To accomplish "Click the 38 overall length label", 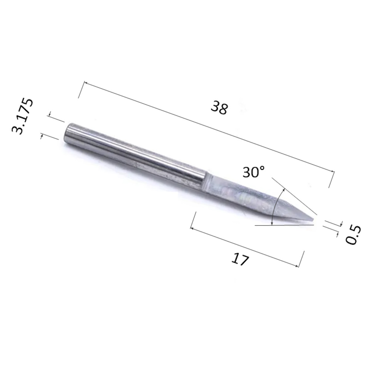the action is point(219,108).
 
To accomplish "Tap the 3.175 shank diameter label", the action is point(23,116).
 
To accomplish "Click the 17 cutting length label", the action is point(240,259).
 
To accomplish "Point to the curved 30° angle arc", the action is point(275,203).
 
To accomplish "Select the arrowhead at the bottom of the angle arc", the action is point(272,223).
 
